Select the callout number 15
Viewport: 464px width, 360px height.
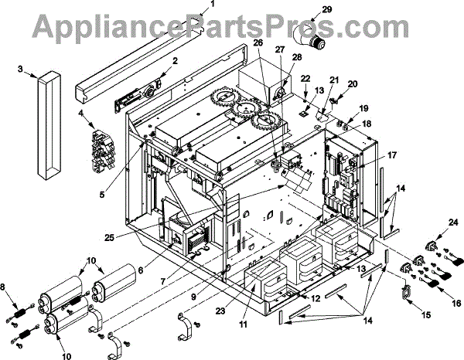pos(404,316)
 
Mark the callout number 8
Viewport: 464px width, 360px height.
pos(9,288)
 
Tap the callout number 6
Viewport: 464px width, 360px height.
pos(140,270)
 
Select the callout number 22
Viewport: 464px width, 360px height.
pos(305,79)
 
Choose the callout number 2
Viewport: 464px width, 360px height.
pos(176,60)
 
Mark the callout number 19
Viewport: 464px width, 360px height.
pos(364,108)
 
